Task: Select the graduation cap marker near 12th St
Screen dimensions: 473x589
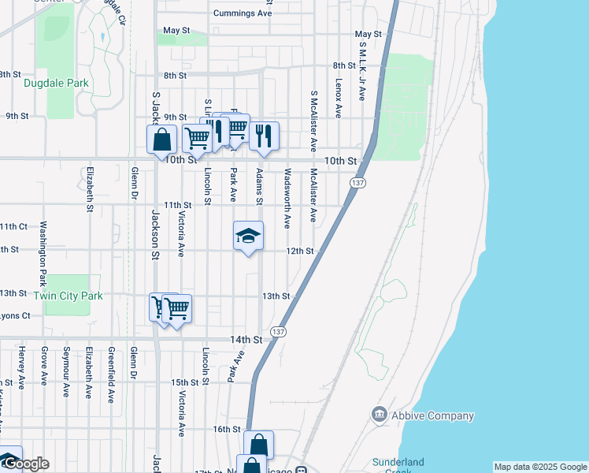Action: [248, 236]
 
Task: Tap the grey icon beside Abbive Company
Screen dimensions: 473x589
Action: [380, 415]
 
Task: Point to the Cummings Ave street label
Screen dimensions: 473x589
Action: [243, 13]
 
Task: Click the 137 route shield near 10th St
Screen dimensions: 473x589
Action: [358, 183]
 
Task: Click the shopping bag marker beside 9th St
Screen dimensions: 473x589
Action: [161, 140]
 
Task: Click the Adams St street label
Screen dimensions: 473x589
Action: [259, 186]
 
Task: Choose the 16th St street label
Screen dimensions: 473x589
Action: [226, 429]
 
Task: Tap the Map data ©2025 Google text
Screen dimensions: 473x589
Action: [540, 467]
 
